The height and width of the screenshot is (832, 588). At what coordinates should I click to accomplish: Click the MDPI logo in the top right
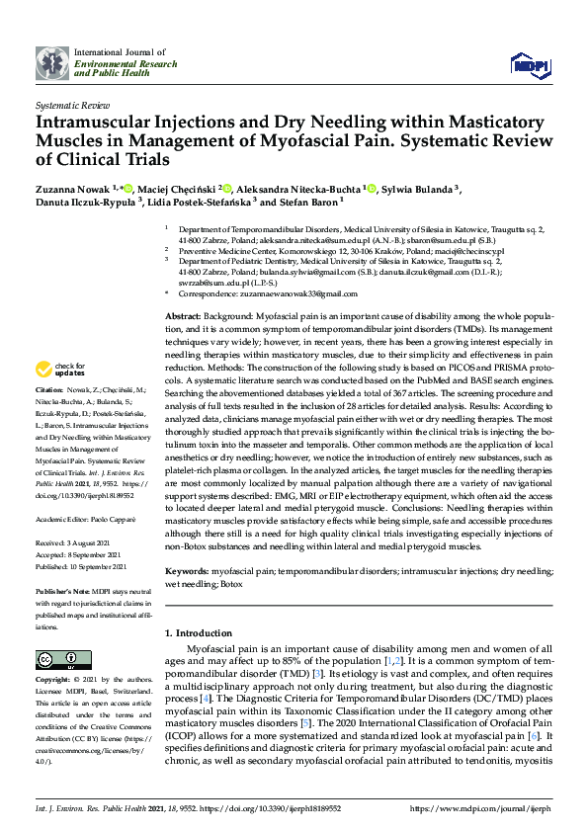pos(529,65)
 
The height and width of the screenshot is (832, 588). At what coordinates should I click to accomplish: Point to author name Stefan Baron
pos(306,202)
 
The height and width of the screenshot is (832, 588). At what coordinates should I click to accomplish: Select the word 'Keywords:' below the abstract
pos(186,571)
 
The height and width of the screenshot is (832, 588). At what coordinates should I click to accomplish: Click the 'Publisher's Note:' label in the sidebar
pos(63,591)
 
